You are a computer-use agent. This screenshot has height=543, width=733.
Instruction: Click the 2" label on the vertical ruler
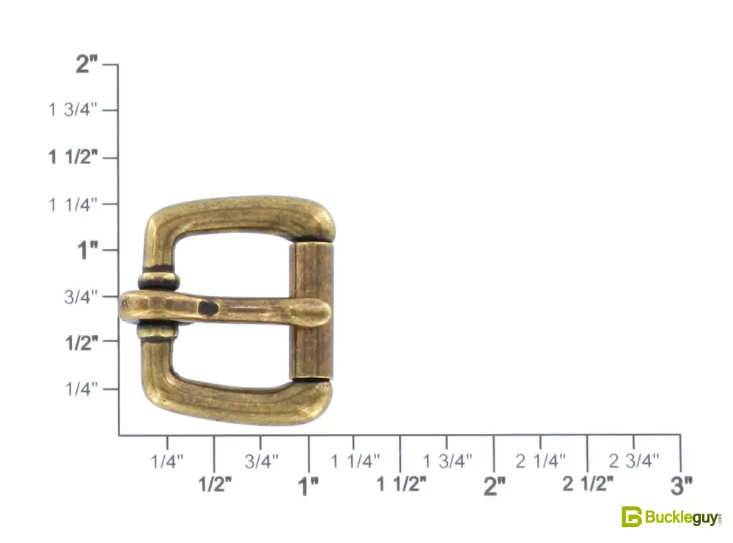point(87,64)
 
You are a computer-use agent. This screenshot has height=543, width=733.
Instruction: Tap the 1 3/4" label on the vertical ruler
point(73,110)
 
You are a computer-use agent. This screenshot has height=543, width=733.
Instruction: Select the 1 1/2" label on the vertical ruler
point(73,157)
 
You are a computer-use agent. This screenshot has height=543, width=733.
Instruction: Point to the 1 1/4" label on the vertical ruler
point(73,204)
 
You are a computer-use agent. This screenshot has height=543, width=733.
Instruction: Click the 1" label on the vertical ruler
point(88,251)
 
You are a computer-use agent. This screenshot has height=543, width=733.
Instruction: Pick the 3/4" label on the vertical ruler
point(81,296)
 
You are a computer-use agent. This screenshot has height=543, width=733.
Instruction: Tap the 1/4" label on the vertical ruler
point(81,388)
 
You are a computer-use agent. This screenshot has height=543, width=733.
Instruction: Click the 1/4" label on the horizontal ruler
point(167,462)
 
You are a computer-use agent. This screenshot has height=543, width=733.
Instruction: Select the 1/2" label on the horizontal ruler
point(215,484)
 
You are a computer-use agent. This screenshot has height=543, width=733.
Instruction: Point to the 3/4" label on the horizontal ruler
point(262,462)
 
